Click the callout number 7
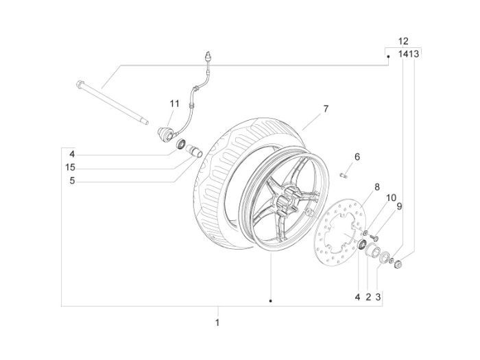[326, 109]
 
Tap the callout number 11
[174, 104]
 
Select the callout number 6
[357, 157]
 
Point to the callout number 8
[376, 187]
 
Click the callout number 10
[391, 197]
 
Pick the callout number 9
[399, 206]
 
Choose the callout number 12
[403, 41]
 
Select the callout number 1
[217, 322]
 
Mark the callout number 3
[379, 297]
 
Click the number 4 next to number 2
[357, 297]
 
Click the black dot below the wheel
[271, 300]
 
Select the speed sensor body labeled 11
[165, 132]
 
